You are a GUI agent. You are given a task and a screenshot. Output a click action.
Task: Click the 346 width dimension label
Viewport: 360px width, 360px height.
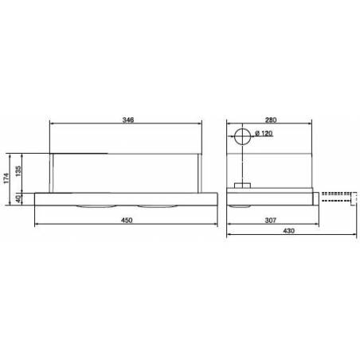128,119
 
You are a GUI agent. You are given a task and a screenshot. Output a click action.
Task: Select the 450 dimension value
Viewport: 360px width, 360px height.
127,220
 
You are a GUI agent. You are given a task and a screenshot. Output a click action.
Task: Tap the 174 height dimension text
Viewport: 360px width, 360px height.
6,178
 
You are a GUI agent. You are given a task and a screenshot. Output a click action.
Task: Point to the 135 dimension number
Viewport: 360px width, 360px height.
18,171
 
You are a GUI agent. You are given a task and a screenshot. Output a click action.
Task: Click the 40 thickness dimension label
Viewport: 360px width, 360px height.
18,198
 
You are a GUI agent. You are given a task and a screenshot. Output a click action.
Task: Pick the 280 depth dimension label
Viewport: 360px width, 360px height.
271,120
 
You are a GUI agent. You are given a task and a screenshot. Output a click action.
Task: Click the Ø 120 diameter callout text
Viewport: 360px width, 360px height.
264,133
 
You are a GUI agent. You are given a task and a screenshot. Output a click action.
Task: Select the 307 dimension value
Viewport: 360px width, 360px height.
271,220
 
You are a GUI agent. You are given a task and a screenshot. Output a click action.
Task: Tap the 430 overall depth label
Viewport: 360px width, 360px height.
288,231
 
